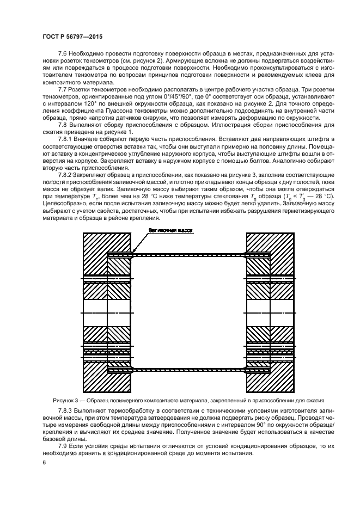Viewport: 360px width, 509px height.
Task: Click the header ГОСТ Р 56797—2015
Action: coord(72,36)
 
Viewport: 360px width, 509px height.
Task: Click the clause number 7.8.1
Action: coord(66,140)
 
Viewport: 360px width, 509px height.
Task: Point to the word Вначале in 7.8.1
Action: coord(88,140)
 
